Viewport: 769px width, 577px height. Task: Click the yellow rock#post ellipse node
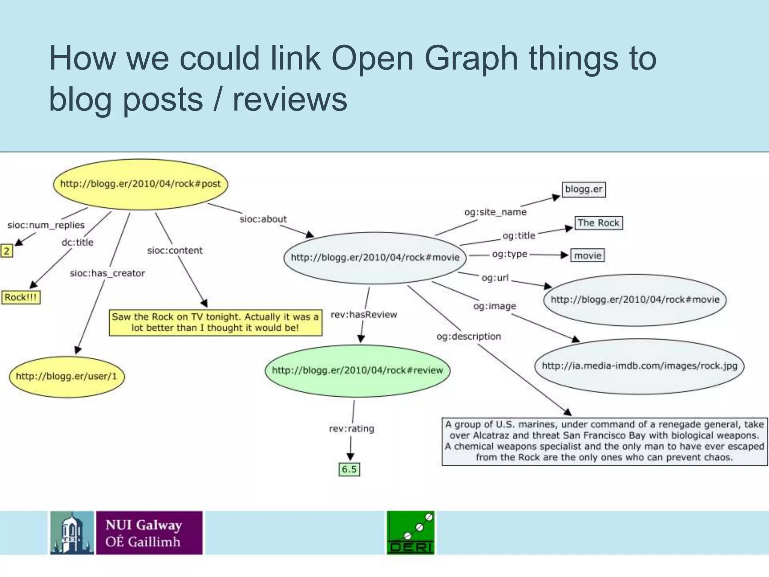(140, 184)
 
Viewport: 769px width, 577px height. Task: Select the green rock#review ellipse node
(357, 370)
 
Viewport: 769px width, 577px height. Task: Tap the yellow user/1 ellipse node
(66, 376)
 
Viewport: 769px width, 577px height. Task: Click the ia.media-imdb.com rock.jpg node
(639, 366)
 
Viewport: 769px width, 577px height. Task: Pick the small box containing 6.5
(349, 469)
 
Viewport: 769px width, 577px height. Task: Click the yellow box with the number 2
(6, 251)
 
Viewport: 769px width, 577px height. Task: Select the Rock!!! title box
(21, 298)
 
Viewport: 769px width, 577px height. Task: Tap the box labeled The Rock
(598, 223)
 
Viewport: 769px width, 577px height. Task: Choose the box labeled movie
(588, 256)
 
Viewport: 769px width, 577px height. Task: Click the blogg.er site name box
(584, 189)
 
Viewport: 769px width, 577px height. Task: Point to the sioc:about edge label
(263, 219)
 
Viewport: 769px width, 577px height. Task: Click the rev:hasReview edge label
(363, 314)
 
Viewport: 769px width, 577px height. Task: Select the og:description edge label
(469, 336)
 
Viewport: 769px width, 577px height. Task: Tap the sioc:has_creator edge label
(107, 273)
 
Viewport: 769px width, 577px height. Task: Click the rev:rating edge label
(351, 429)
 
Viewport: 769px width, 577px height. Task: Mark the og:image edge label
(495, 306)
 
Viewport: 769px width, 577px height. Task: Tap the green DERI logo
(410, 533)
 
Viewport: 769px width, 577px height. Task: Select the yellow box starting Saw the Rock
(216, 322)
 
